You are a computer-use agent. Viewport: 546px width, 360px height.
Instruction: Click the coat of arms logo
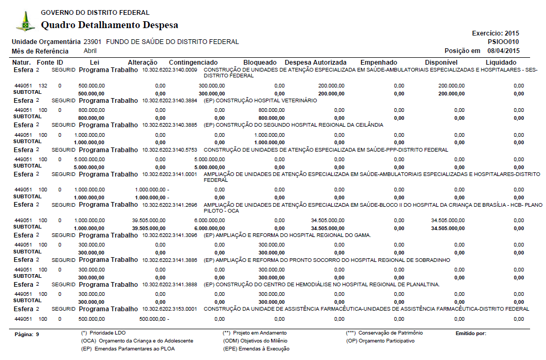25,22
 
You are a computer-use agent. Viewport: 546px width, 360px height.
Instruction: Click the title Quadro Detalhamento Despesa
109,25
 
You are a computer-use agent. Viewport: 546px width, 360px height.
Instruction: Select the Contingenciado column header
193,63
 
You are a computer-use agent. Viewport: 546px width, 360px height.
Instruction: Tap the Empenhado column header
378,63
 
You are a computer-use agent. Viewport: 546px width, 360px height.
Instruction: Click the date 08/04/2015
504,51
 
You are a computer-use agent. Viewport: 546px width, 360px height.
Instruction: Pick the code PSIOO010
503,42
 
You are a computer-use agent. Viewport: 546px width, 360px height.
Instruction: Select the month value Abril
90,51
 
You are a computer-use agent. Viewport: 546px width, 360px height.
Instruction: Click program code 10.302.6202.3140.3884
169,100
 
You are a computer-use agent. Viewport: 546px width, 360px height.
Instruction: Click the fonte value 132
43,85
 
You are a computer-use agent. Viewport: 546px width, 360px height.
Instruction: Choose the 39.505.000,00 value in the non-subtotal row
149,220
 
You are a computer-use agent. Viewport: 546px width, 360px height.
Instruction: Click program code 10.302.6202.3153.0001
169,309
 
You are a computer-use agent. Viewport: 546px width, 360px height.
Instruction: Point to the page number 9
38,335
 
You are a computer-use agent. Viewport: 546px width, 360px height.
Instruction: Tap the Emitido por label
471,333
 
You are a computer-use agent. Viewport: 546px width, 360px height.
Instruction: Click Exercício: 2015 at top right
496,33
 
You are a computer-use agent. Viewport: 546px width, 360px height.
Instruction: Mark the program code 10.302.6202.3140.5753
169,150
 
